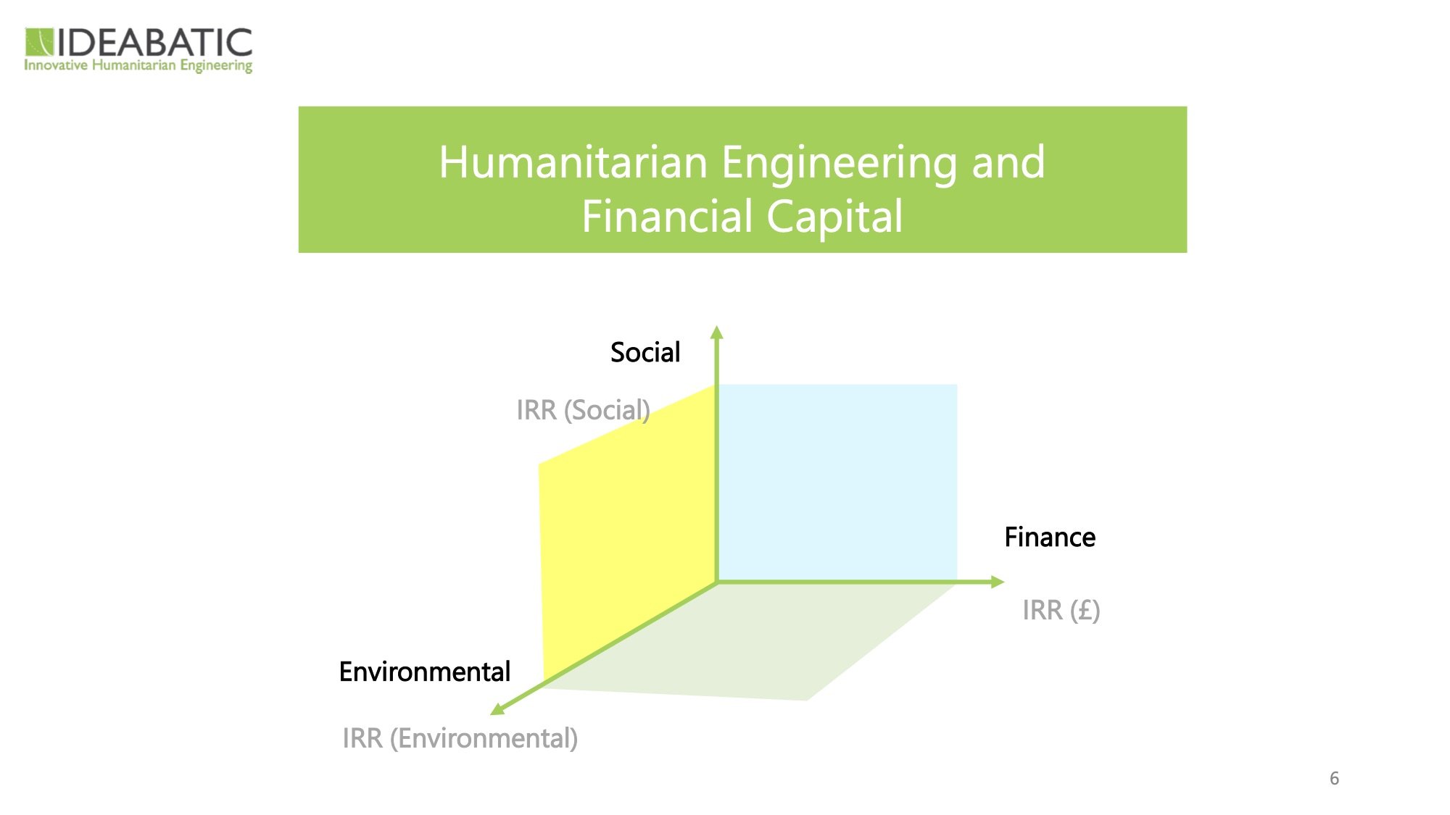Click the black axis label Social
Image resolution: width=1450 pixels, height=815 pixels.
point(645,353)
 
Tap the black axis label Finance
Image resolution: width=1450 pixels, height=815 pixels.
point(1050,538)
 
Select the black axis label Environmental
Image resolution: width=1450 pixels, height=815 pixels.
point(425,672)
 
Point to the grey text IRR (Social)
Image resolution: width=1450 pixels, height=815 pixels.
point(583,410)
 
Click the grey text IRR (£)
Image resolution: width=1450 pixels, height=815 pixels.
point(1061,610)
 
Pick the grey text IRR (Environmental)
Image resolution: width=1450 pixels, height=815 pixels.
point(460,738)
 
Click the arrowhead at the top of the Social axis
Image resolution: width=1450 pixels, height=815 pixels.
point(717,333)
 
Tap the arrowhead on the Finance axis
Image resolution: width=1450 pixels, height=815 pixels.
point(997,581)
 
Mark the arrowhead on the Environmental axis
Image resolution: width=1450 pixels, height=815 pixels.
point(497,709)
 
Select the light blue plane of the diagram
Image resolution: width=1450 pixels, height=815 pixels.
point(837,482)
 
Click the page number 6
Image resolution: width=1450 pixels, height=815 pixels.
point(1334,779)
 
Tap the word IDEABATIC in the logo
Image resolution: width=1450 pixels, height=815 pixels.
point(155,43)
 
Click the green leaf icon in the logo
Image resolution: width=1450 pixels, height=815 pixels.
point(39,42)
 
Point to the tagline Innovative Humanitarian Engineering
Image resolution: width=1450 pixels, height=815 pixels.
point(138,66)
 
